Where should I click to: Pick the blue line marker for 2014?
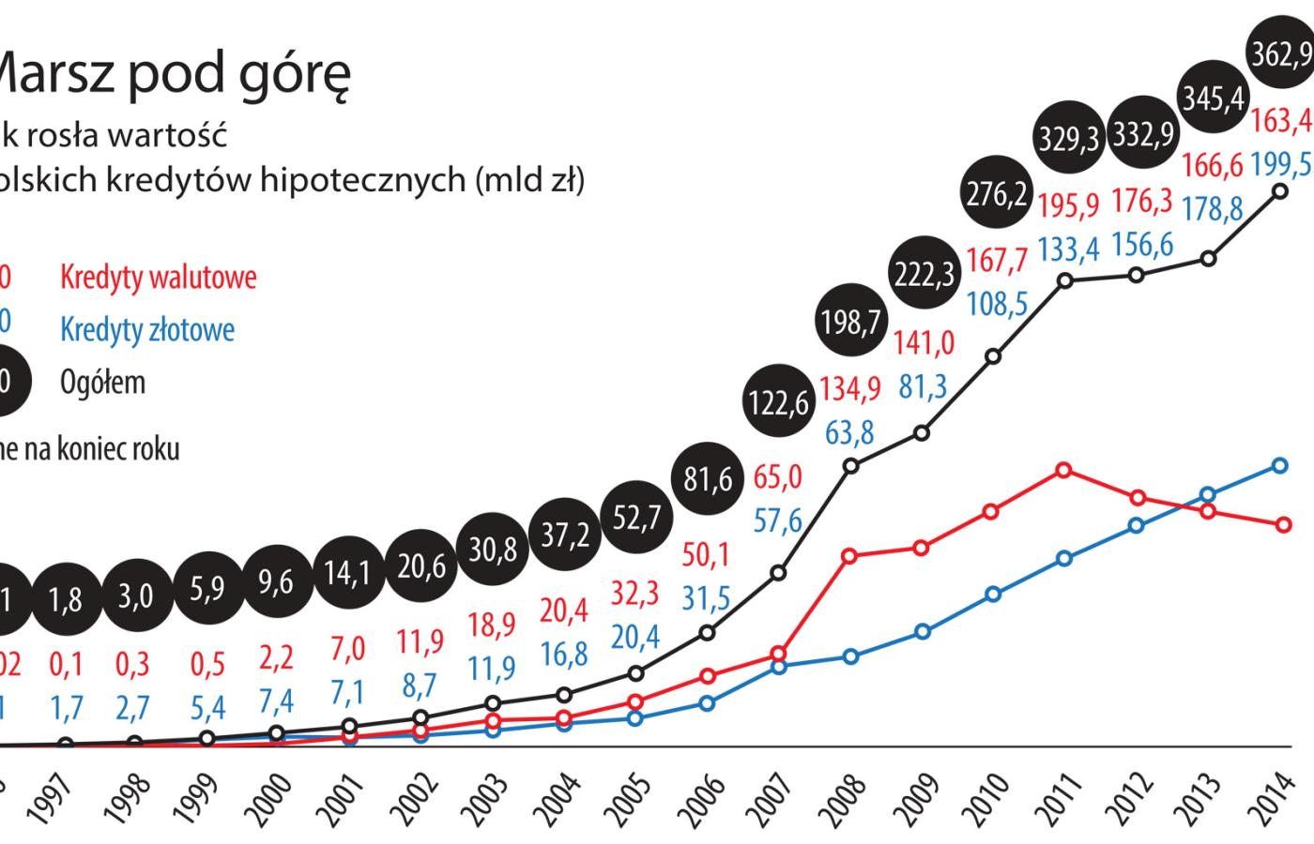point(1279,465)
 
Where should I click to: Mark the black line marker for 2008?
point(851,465)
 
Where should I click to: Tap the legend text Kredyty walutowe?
point(158,278)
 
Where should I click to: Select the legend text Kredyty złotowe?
point(147,329)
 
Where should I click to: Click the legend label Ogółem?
point(102,383)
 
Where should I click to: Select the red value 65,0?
point(778,477)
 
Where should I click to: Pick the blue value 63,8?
point(849,432)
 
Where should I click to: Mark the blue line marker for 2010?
point(994,594)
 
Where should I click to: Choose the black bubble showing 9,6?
point(276,582)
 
